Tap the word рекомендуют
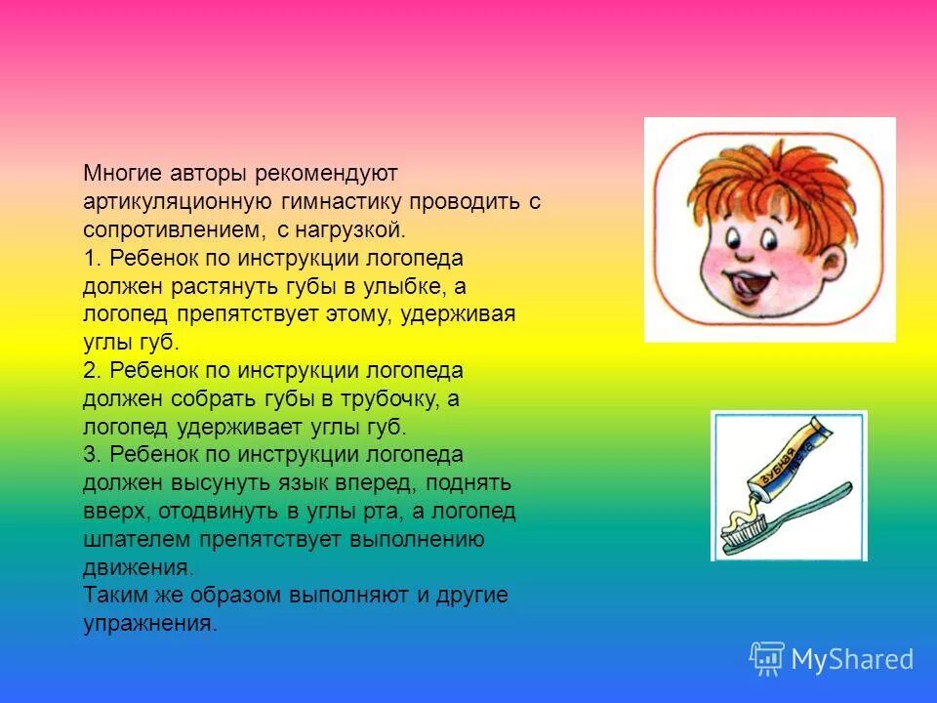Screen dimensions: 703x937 coord(327,174)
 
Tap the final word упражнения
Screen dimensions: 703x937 coord(147,624)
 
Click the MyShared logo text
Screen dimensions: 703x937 coord(852,660)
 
